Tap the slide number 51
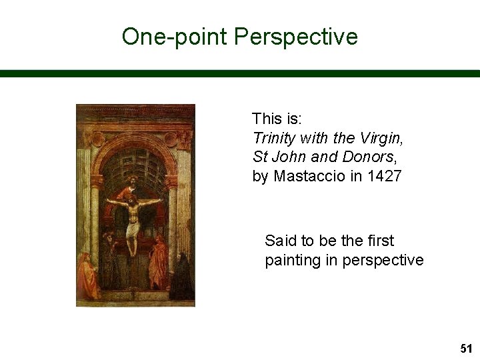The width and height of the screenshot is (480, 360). click(x=465, y=348)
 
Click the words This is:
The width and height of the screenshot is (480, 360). click(x=277, y=119)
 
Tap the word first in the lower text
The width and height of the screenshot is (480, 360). click(x=379, y=241)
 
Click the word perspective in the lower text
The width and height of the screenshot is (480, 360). click(x=383, y=260)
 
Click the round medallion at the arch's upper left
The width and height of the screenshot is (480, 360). click(x=97, y=139)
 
